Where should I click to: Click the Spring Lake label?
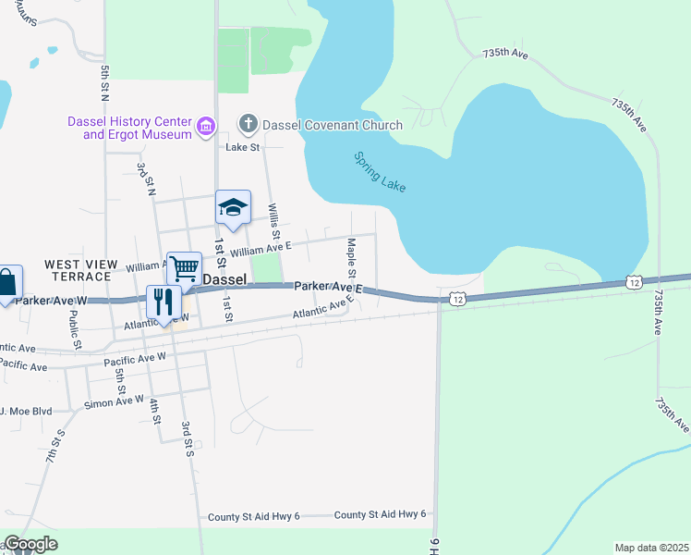click(x=380, y=171)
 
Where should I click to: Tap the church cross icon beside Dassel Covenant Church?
click(x=248, y=124)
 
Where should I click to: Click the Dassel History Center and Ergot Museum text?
click(x=129, y=128)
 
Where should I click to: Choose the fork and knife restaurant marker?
click(x=164, y=302)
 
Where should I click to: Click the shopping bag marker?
click(x=6, y=283)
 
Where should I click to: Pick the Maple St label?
click(x=351, y=257)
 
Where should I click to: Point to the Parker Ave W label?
click(x=51, y=301)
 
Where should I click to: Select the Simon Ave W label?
click(x=114, y=401)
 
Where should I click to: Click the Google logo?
click(x=30, y=544)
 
